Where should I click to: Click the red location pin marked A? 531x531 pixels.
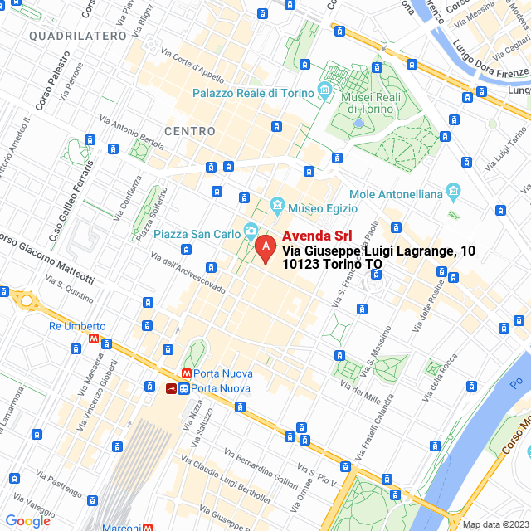(x=265, y=247)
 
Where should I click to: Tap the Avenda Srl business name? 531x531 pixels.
(x=311, y=236)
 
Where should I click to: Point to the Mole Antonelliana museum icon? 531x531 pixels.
(x=453, y=192)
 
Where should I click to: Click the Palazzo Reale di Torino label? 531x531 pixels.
(x=253, y=93)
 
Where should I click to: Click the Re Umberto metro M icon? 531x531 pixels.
(x=96, y=339)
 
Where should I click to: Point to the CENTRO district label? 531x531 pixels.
(x=189, y=131)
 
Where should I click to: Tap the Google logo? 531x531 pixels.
(x=27, y=520)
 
